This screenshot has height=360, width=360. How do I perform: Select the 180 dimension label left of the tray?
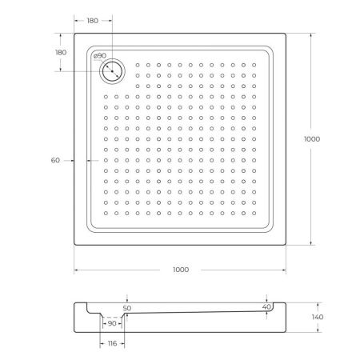pyautogui.click(x=60, y=52)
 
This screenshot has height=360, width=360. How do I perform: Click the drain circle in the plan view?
pyautogui.click(x=111, y=70)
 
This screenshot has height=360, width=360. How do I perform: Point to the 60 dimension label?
pyautogui.click(x=55, y=160)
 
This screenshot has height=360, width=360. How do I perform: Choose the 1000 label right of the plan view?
pyautogui.click(x=312, y=138)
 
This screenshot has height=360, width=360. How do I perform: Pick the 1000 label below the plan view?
pyautogui.click(x=180, y=270)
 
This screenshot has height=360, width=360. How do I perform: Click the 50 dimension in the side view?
pyautogui.click(x=126, y=307)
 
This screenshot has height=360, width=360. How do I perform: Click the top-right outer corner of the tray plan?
pyautogui.click(x=286, y=34)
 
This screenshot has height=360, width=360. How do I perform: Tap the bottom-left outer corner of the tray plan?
pyautogui.click(x=74, y=245)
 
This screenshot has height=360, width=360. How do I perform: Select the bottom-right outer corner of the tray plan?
pyautogui.click(x=286, y=245)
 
